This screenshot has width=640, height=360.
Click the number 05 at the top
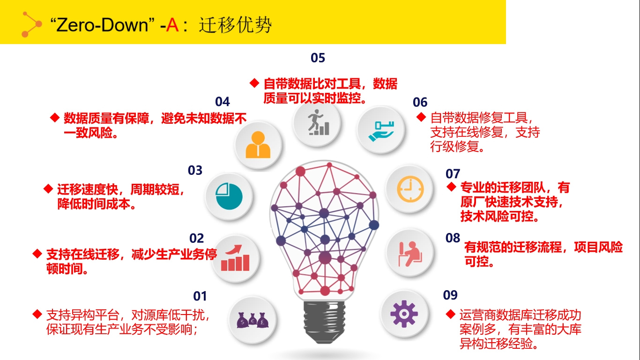click(318, 58)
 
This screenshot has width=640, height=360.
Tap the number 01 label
click(200, 296)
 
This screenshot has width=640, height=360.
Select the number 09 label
click(450, 295)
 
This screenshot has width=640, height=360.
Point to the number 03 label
click(195, 171)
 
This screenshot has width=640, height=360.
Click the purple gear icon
click(404, 314)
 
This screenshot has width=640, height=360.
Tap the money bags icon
click(253, 320)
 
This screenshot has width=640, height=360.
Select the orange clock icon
click(410, 189)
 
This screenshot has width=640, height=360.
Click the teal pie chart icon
click(229, 196)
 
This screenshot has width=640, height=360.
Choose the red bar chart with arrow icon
click(235, 258)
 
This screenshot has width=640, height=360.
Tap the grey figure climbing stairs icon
click(318, 122)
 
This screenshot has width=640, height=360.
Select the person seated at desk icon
click(410, 254)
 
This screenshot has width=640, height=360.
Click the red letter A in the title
click(172, 25)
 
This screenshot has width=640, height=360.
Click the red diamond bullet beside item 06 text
click(421, 117)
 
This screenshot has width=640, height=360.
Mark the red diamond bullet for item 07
click(451, 187)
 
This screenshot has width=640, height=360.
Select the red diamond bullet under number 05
click(254, 83)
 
